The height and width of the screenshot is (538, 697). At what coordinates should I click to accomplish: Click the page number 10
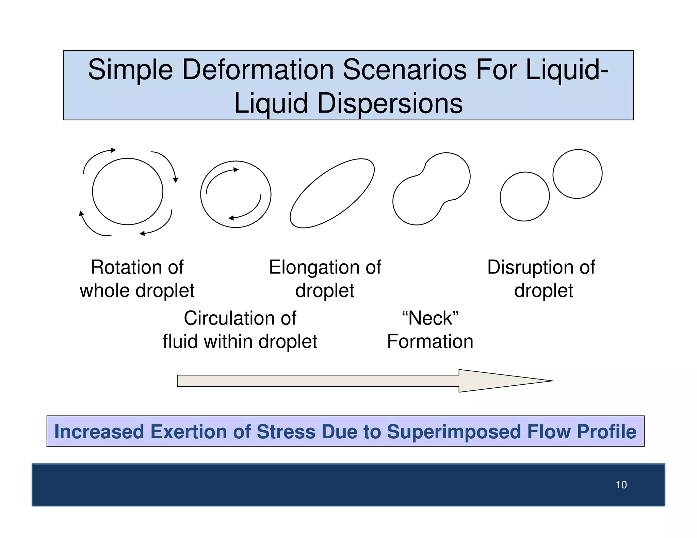(x=621, y=485)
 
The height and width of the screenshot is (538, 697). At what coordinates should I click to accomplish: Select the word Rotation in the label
(x=122, y=267)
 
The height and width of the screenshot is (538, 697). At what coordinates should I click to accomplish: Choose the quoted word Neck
(x=430, y=318)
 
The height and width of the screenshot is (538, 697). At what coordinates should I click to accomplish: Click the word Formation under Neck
(x=430, y=341)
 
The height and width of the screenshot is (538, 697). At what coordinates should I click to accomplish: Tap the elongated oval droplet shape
(x=332, y=193)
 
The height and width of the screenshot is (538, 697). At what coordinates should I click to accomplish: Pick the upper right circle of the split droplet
(x=578, y=174)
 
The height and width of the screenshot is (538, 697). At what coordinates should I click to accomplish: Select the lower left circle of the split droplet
(x=524, y=197)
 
